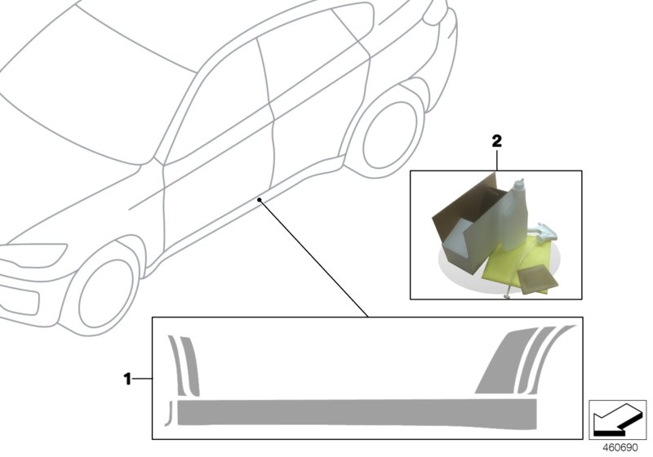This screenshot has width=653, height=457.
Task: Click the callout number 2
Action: [x=495, y=140]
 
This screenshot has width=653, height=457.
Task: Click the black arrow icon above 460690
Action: [x=617, y=419]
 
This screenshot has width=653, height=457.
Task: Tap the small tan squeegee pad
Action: [x=538, y=277]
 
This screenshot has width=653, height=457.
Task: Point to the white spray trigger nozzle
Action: [x=546, y=233]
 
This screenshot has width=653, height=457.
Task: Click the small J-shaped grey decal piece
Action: [x=169, y=412]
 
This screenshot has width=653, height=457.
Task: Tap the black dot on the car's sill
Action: [x=259, y=198]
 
